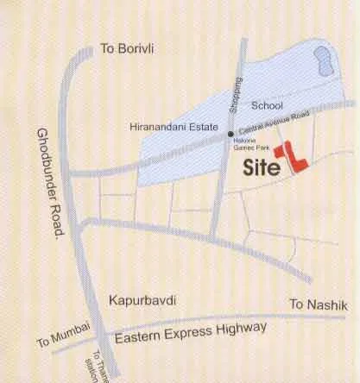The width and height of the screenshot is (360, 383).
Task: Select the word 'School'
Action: [267, 105]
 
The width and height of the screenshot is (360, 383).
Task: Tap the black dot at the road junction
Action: [230, 135]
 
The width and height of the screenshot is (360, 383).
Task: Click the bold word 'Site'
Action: [262, 165]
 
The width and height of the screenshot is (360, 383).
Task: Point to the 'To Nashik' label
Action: [312, 305]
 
